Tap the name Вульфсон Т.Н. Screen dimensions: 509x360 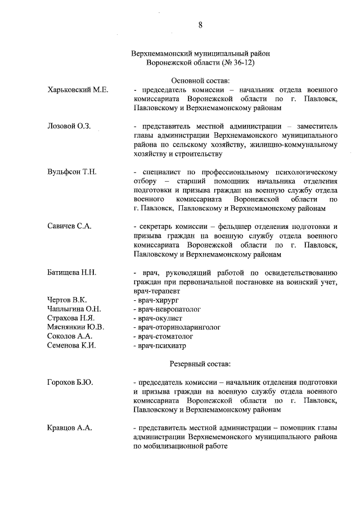pyautogui.click(x=72, y=171)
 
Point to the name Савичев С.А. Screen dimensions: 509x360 pyautogui.click(x=70, y=226)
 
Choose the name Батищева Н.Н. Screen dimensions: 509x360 pyautogui.click(x=73, y=273)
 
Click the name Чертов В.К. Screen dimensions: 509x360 pyautogui.click(x=67, y=300)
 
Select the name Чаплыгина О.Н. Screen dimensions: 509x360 pyautogui.click(x=74, y=309)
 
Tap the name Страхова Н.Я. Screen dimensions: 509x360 pyautogui.click(x=71, y=318)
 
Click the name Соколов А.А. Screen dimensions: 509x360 pyautogui.click(x=70, y=336)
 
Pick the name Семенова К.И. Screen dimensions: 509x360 pyautogui.click(x=71, y=345)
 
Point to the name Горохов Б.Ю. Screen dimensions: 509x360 pyautogui.click(x=70, y=382)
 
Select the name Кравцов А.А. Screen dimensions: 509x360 pyautogui.click(x=70, y=428)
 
